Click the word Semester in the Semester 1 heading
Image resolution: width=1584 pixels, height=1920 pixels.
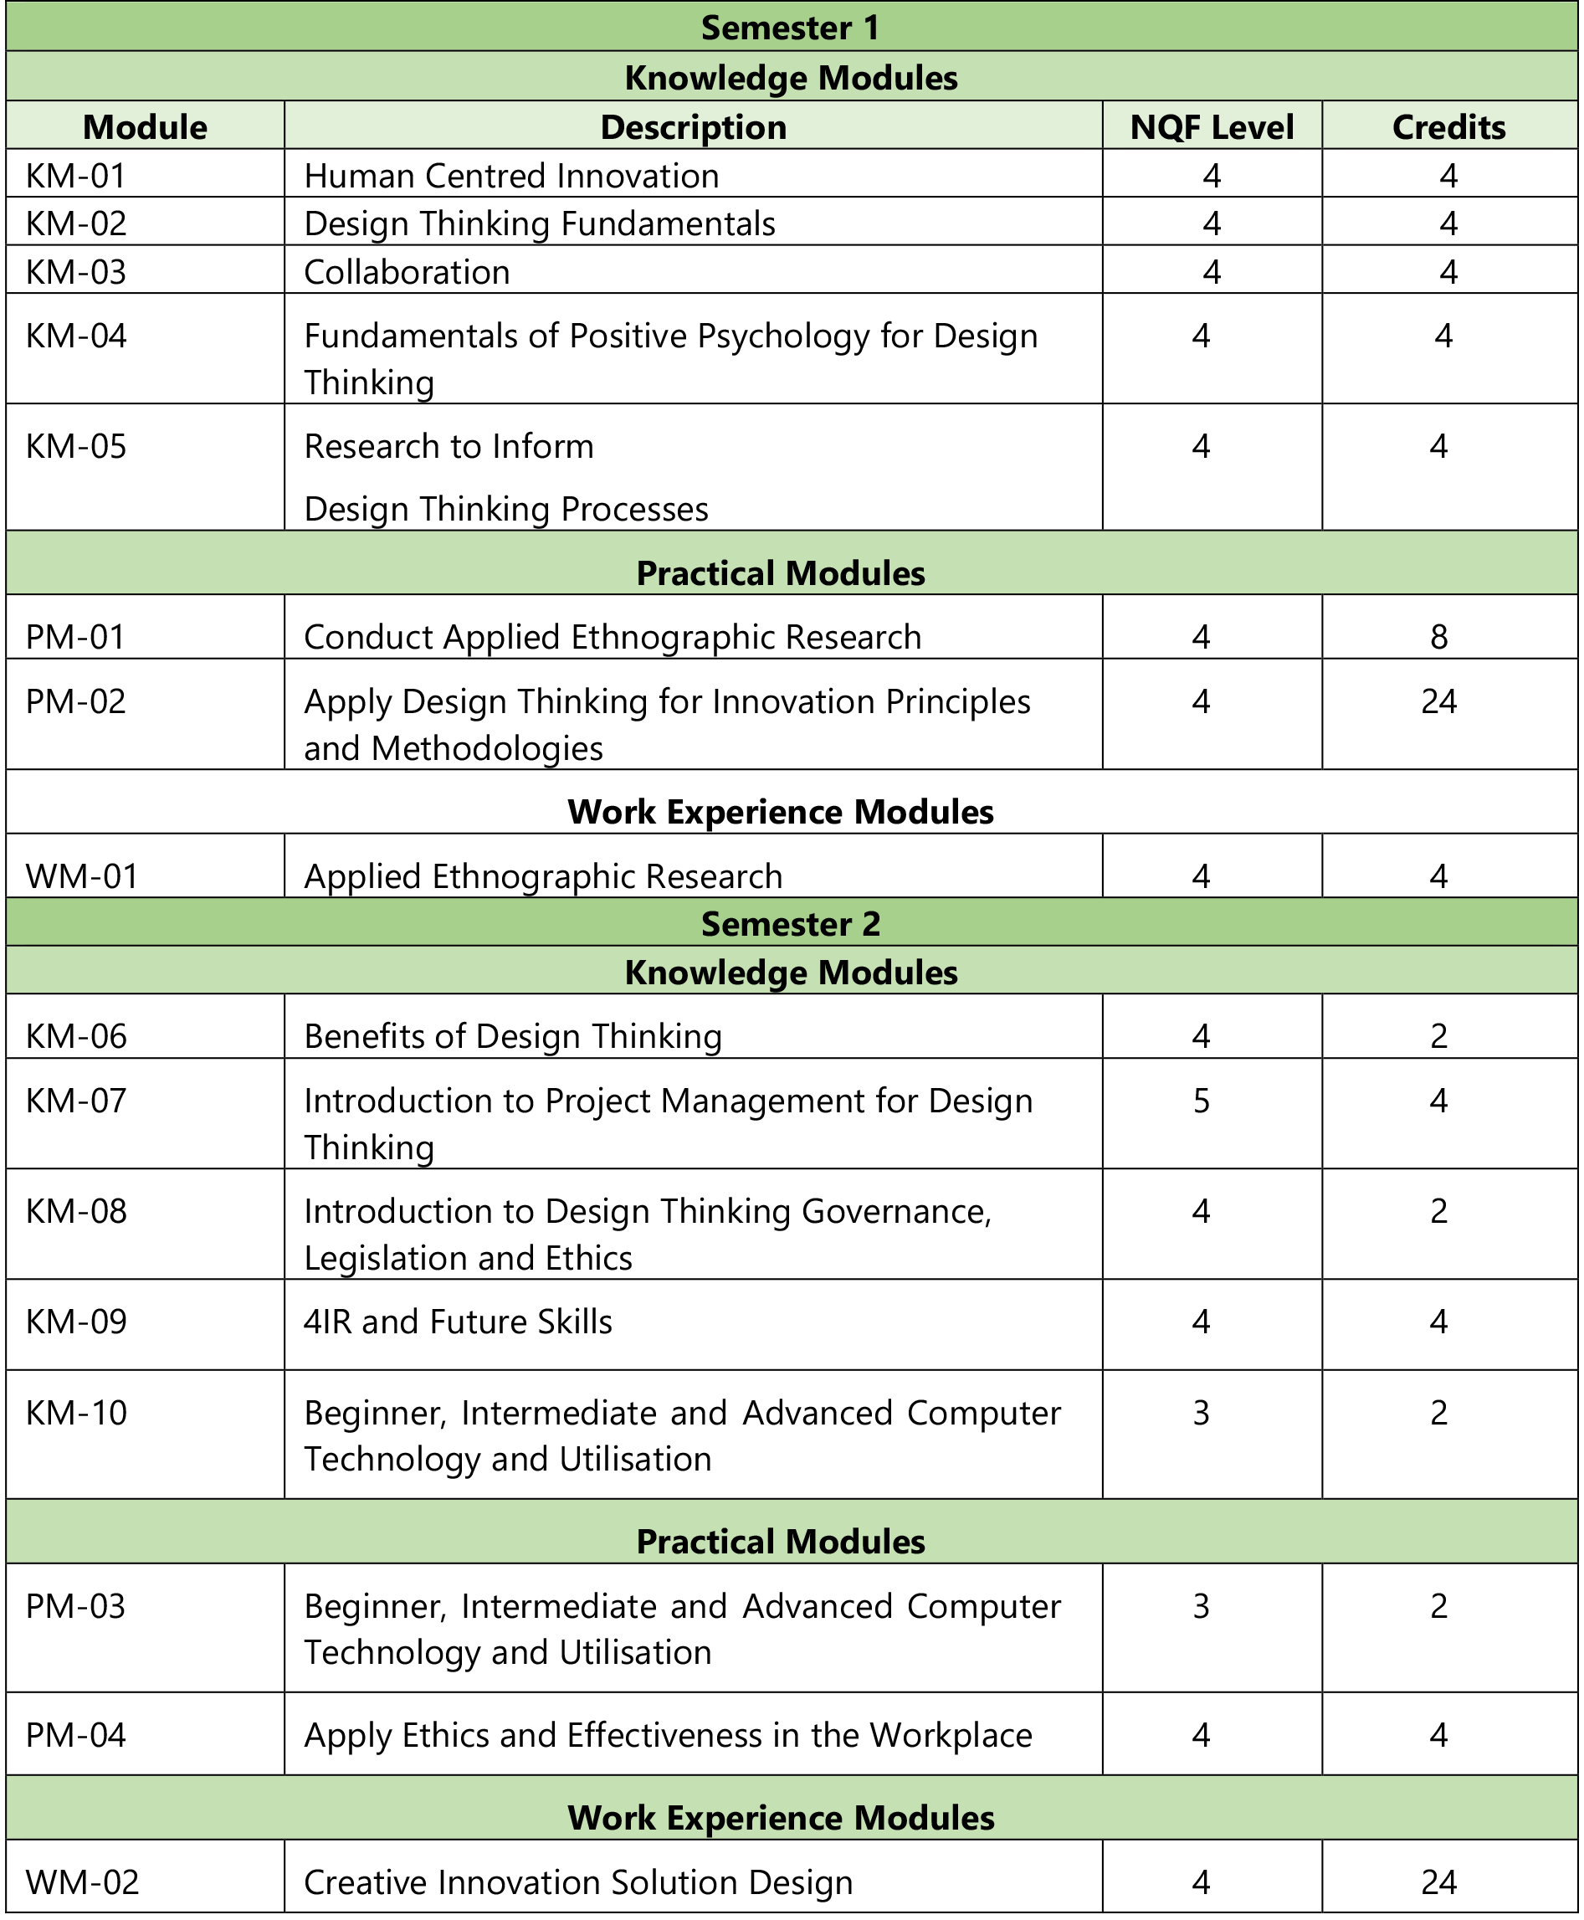pyautogui.click(x=776, y=28)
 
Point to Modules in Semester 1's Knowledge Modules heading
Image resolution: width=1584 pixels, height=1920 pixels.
pyautogui.click(x=887, y=78)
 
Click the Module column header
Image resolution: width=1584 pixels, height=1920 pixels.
pyautogui.click(x=145, y=127)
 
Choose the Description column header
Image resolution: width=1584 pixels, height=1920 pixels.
pyautogui.click(x=694, y=127)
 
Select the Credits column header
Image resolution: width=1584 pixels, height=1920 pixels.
pyautogui.click(x=1449, y=127)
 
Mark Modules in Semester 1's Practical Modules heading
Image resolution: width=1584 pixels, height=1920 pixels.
pyautogui.click(x=855, y=573)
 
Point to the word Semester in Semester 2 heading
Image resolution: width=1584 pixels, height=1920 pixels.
pyautogui.click(x=776, y=923)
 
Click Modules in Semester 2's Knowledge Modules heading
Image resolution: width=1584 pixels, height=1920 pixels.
pyautogui.click(x=887, y=972)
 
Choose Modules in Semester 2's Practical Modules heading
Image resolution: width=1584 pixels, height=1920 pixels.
pyautogui.click(x=855, y=1542)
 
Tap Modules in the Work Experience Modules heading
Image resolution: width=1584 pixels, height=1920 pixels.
pyautogui.click(x=925, y=1818)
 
